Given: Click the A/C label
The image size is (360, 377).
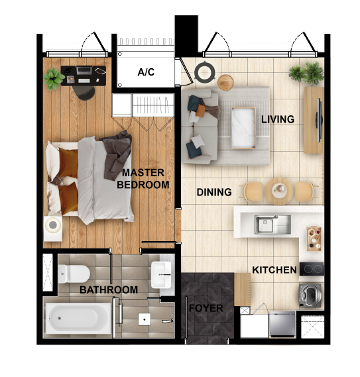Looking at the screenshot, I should click(146, 72).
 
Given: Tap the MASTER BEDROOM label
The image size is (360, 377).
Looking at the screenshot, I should click(143, 179).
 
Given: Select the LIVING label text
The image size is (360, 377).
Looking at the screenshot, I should click(277, 119).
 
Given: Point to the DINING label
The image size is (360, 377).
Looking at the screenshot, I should click(214, 193).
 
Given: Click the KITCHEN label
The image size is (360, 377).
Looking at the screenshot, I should click(274, 270).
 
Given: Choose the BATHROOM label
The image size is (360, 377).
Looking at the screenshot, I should click(109, 290).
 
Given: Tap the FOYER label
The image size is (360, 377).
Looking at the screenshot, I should click(206, 308).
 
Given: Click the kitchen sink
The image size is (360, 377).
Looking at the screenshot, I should click(273, 224).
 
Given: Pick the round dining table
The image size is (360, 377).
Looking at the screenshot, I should click(279, 191).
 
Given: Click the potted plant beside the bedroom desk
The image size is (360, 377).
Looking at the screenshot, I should click(54, 78).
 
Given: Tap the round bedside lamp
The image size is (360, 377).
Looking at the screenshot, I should click(53, 225).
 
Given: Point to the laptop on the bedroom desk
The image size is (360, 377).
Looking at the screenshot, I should click(85, 70).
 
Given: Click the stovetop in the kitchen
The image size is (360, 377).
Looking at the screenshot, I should click(312, 269).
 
